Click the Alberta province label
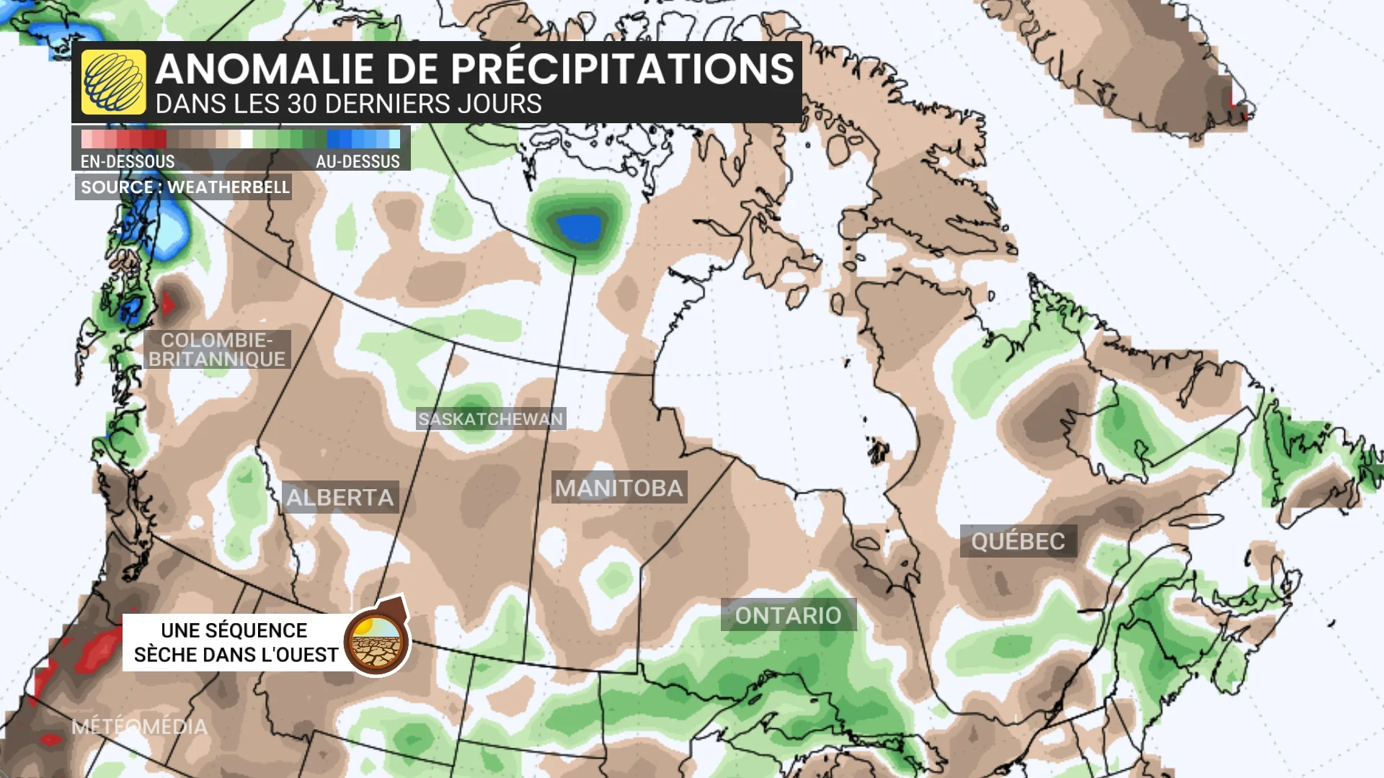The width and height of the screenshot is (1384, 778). pyautogui.click(x=340, y=497)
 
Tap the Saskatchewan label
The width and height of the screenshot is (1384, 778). pyautogui.click(x=490, y=419)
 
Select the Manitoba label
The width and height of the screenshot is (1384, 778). pyautogui.click(x=618, y=488)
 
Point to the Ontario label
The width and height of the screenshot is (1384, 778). pyautogui.click(x=788, y=615)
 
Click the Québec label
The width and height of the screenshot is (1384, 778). pyautogui.click(x=1018, y=541)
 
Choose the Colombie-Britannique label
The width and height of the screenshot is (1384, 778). pyautogui.click(x=217, y=349)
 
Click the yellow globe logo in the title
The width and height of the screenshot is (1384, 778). pyautogui.click(x=113, y=82)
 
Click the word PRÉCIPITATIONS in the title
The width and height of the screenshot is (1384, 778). pyautogui.click(x=624, y=69)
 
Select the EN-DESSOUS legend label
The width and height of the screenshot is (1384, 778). pyautogui.click(x=128, y=161)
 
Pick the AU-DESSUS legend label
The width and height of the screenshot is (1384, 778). pyautogui.click(x=358, y=161)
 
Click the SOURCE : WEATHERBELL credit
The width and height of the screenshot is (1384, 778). pyautogui.click(x=185, y=187)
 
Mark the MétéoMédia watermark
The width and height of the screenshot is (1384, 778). pyautogui.click(x=139, y=726)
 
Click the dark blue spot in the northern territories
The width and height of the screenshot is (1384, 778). pyautogui.click(x=580, y=229)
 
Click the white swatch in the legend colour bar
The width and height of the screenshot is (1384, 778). pyautogui.click(x=247, y=138)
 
